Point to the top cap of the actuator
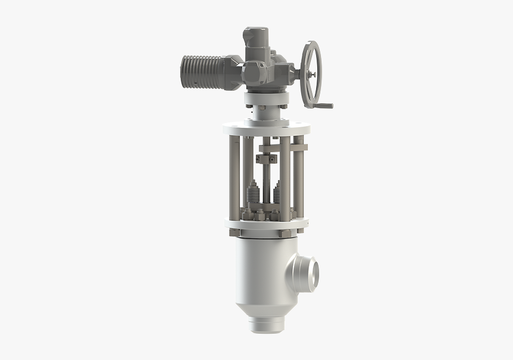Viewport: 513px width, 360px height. (x=255, y=33)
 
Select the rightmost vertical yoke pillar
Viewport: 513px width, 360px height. (x=299, y=179)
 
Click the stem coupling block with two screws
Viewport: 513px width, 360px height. (x=267, y=159)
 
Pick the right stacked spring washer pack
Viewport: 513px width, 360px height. (x=279, y=196)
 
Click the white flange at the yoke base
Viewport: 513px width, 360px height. (x=266, y=225)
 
